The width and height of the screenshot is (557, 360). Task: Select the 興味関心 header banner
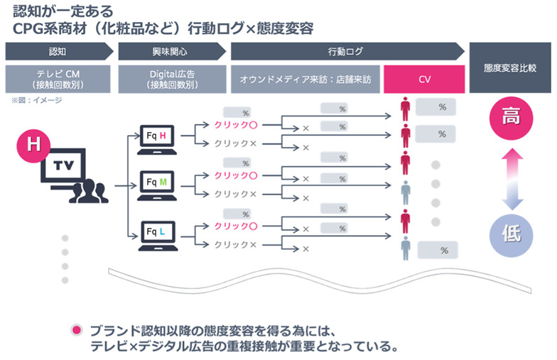tap(171, 53)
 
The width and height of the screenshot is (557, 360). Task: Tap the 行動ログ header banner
tap(346, 53)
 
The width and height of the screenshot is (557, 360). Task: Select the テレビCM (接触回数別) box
tap(58, 80)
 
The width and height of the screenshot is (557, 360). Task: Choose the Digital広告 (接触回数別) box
tap(171, 80)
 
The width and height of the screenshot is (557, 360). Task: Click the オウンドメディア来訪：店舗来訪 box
tap(305, 80)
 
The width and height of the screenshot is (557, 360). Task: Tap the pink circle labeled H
tap(33, 144)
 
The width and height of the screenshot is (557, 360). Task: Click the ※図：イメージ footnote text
tap(36, 101)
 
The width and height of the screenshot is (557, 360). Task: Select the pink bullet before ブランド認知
tap(76, 331)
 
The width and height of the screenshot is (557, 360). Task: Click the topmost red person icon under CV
tap(405, 108)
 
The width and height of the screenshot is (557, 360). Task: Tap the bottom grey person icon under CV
tap(405, 248)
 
